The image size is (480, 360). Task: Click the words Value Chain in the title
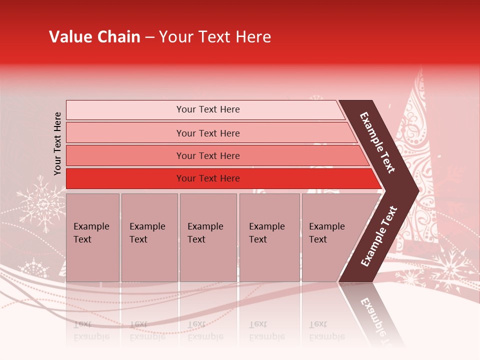point(94,37)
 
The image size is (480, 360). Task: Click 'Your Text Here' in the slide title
point(215,37)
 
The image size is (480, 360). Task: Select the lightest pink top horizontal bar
point(205,109)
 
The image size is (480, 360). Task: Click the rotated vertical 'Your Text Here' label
point(57,143)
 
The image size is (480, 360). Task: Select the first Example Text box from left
point(92,237)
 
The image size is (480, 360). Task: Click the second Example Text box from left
point(149,237)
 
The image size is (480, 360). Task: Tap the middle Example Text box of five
point(208,237)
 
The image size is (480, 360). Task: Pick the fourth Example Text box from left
point(269,237)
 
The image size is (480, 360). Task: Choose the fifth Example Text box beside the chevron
point(330,237)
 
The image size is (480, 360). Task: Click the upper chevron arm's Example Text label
point(377,142)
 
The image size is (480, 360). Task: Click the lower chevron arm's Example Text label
point(379,236)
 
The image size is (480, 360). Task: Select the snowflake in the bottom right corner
point(452,270)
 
